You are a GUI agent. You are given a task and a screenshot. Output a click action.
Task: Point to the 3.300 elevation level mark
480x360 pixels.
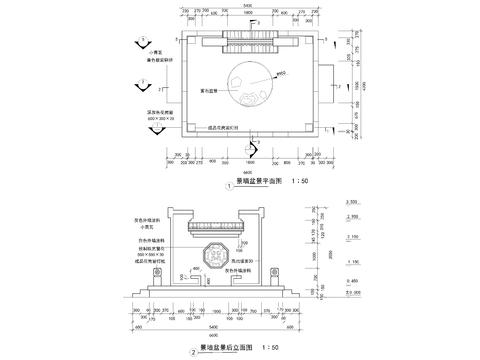tap(353, 201)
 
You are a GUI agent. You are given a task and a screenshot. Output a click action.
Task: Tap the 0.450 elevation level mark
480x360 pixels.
tap(353, 281)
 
